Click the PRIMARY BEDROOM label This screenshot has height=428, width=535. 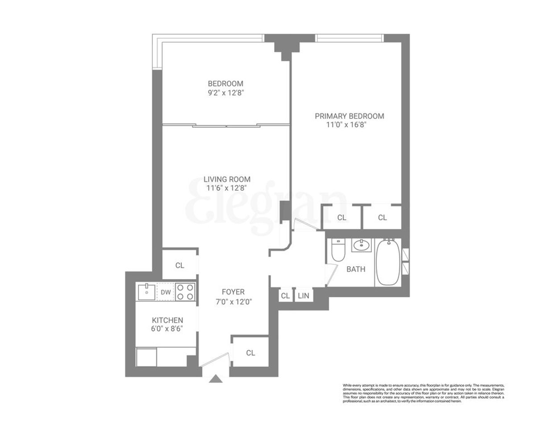[349, 116]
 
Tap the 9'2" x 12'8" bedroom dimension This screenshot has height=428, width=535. [225, 93]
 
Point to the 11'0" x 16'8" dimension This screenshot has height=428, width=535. [349, 125]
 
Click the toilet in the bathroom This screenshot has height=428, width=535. [338, 251]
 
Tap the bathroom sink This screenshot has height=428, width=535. [361, 245]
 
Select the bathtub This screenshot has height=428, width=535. [389, 262]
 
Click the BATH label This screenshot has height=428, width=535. [356, 269]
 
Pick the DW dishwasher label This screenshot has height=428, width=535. [165, 292]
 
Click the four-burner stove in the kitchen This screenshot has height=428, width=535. [185, 292]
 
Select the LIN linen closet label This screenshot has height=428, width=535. [303, 295]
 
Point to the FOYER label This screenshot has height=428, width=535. [233, 292]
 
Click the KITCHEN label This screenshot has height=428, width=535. [168, 320]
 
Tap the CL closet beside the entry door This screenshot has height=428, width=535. [251, 353]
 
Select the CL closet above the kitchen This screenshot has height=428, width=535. [179, 265]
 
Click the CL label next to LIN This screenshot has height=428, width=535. [285, 295]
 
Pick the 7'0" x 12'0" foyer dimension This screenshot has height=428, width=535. [233, 301]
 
